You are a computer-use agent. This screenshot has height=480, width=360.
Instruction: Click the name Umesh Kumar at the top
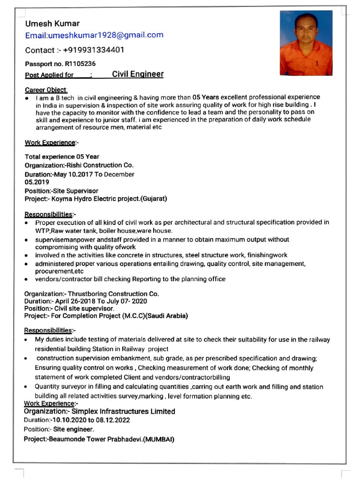[x=52, y=23]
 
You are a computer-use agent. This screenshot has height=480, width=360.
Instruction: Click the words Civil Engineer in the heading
[x=138, y=74]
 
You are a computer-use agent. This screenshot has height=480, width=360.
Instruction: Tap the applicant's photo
[x=306, y=43]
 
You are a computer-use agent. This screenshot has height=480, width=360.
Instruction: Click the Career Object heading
[x=46, y=90]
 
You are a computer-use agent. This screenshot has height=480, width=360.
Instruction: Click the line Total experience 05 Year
[x=62, y=157]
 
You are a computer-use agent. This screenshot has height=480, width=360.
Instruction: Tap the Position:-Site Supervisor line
[x=61, y=191]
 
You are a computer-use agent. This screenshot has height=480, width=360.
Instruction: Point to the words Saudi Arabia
[x=166, y=316]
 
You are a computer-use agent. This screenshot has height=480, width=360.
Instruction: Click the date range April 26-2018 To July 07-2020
[x=101, y=301]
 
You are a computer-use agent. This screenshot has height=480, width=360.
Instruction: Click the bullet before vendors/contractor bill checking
[x=28, y=279]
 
